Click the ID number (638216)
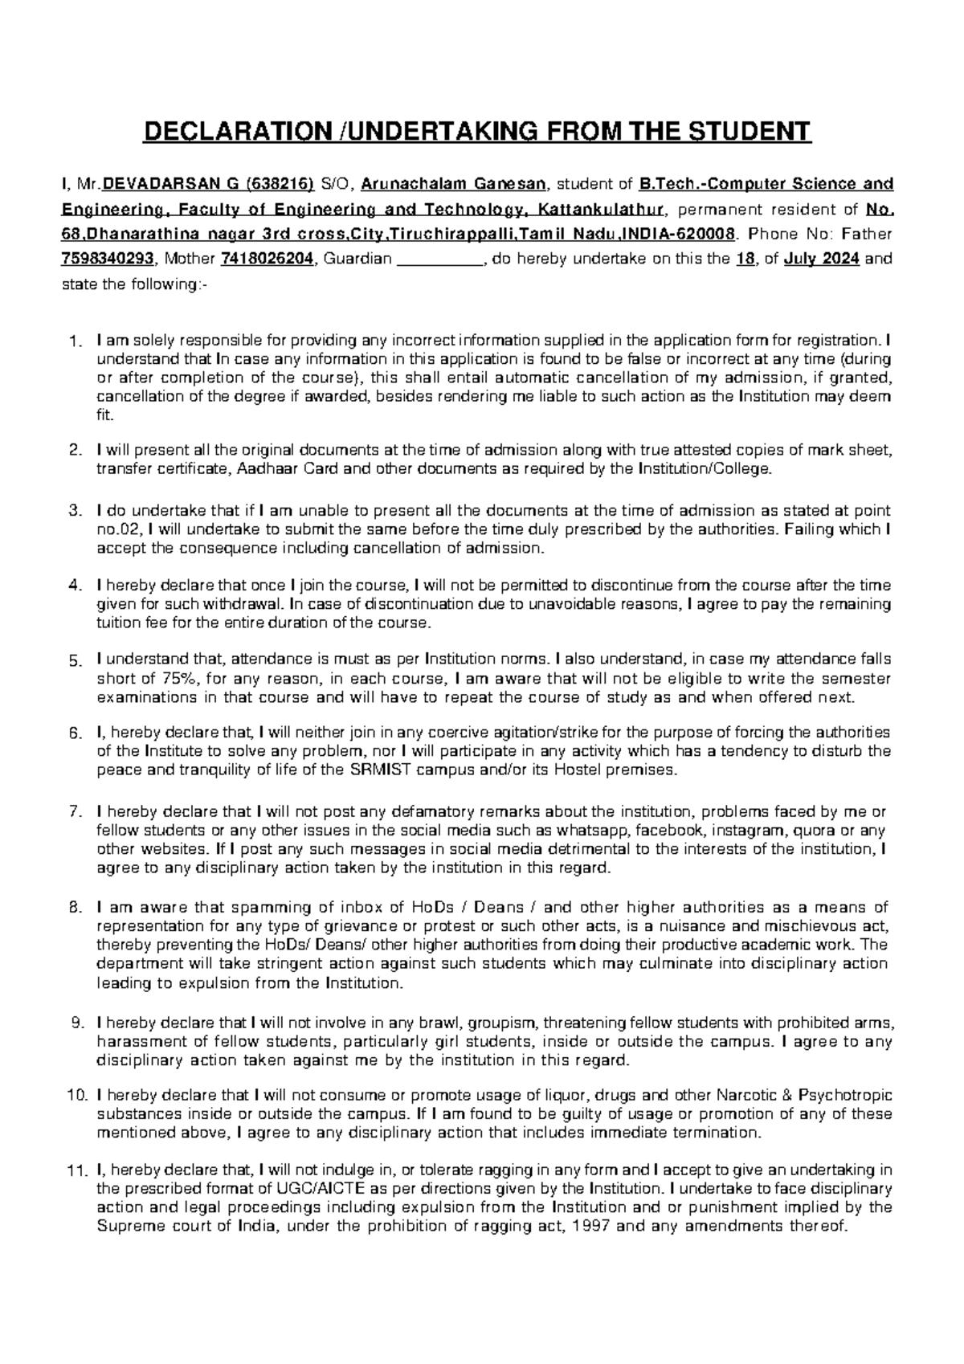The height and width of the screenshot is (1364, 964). click(x=282, y=184)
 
